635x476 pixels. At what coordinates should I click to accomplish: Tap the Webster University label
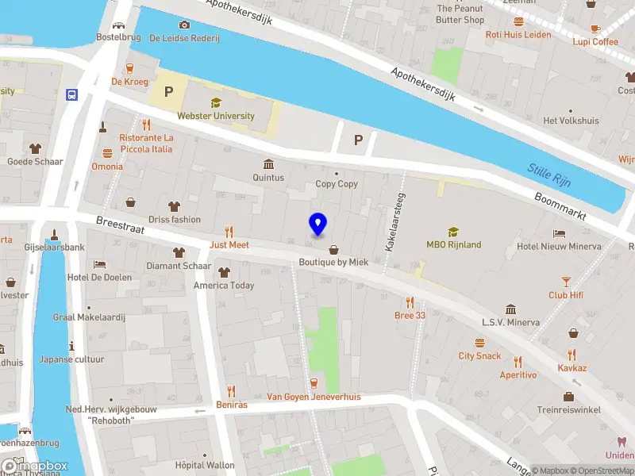pos(216,116)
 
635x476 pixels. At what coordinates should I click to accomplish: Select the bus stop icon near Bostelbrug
pos(72,95)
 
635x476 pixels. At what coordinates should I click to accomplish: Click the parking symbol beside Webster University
pos(168,92)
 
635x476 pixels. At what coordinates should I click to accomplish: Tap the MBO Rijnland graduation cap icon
pos(453,232)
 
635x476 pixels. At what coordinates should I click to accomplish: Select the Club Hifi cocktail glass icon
pos(566,282)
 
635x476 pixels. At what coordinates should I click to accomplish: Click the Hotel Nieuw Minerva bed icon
pos(560,233)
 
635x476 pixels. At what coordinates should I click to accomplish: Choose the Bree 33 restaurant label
pos(410,315)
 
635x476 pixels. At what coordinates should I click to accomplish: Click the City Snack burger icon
pos(479,343)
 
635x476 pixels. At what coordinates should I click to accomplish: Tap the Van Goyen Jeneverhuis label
pos(313,397)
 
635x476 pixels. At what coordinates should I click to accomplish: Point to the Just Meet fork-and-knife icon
pos(229,232)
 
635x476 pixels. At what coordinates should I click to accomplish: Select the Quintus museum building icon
pos(268,164)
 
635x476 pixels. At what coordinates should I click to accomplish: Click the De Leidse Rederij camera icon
pos(184,25)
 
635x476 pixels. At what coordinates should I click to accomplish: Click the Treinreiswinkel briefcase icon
pos(568,397)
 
